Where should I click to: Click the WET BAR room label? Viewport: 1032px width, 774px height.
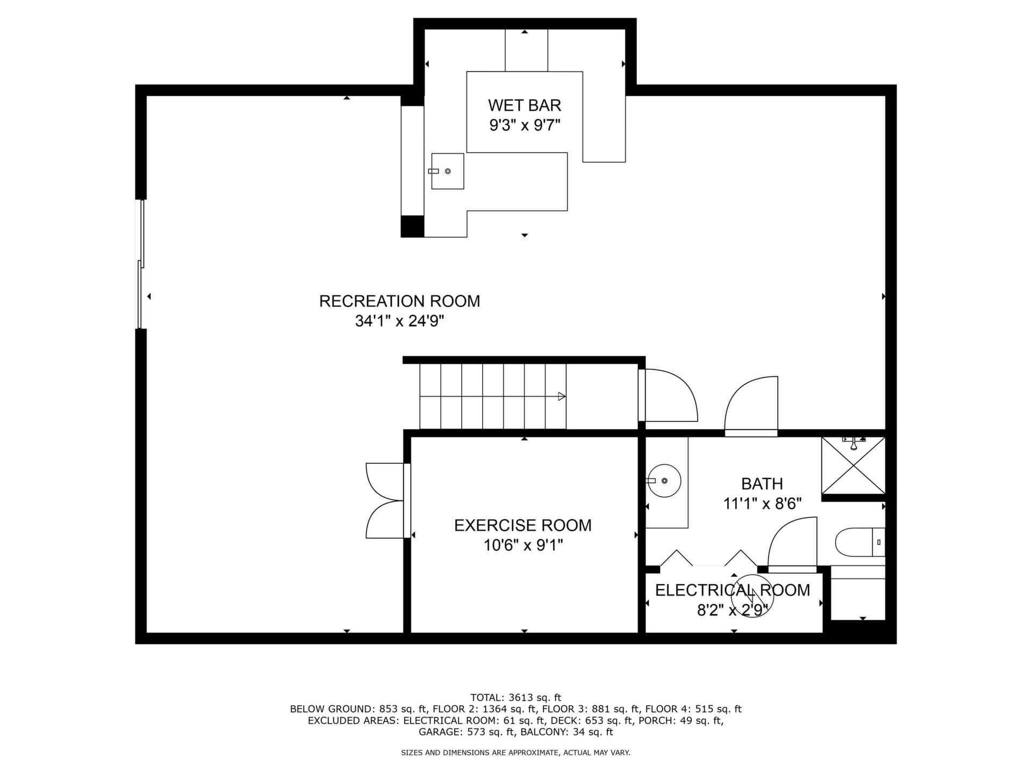[x=525, y=105]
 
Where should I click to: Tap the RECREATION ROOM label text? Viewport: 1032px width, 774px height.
[x=399, y=301]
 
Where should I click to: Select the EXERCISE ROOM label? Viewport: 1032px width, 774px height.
[x=523, y=525]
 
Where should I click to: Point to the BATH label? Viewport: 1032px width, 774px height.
[x=762, y=484]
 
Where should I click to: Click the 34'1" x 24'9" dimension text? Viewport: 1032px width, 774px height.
[x=399, y=321]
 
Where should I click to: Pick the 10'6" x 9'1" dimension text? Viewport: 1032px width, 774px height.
[x=523, y=546]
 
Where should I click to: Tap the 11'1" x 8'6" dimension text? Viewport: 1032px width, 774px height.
[x=762, y=504]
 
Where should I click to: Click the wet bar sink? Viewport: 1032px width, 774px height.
[x=447, y=171]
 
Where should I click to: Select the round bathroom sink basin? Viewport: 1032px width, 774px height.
[x=664, y=481]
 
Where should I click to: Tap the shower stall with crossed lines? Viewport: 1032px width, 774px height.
[x=853, y=465]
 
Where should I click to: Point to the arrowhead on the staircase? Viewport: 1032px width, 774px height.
[x=562, y=397]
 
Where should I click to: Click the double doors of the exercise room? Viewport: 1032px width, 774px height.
[x=385, y=500]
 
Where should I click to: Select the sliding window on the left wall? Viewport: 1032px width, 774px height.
[x=141, y=264]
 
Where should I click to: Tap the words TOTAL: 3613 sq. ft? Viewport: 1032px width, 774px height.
[x=515, y=698]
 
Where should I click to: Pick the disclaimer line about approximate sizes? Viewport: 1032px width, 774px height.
[x=515, y=753]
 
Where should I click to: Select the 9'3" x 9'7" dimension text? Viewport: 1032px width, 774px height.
[x=525, y=125]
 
